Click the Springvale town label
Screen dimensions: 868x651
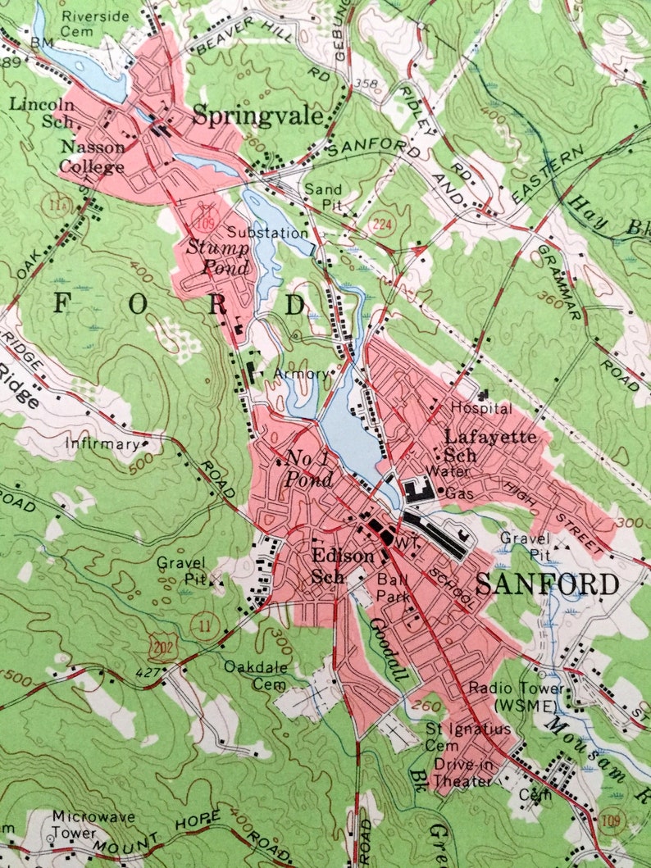257,117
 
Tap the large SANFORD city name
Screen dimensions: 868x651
546,584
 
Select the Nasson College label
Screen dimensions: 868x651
91,157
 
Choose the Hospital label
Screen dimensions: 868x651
481,407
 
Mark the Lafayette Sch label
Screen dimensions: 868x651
490,445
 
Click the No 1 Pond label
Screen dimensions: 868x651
308,468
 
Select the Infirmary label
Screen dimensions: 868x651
103,444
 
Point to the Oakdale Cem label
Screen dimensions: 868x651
257,673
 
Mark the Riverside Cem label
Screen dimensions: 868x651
96,22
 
